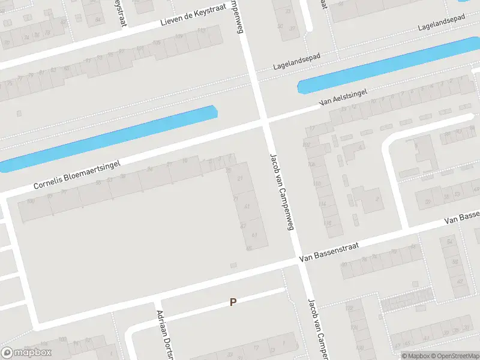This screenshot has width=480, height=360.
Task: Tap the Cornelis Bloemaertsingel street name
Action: click(x=77, y=175)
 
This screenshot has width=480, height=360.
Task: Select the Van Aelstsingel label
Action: click(x=343, y=98)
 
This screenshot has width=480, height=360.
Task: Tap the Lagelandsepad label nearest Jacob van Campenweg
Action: click(x=296, y=61)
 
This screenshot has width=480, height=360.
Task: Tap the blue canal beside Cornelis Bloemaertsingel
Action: click(x=108, y=136)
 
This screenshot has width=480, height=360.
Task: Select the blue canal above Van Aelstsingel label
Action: click(x=384, y=65)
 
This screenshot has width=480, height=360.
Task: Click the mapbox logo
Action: click(x=26, y=353)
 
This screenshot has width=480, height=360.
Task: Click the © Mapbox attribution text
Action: click(x=415, y=356)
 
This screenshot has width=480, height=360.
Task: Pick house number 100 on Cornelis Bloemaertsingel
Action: click(x=29, y=201)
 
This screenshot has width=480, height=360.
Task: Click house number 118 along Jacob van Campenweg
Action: click(x=328, y=224)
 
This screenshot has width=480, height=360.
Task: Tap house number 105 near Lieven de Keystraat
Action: click(x=157, y=43)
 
